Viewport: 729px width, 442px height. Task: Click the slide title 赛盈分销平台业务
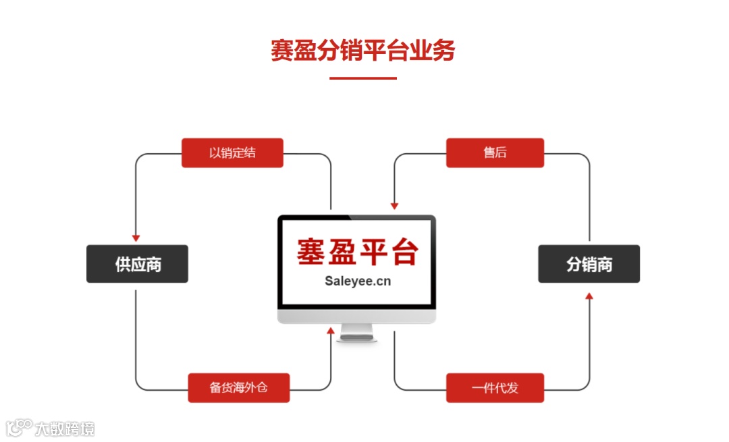click(x=363, y=51)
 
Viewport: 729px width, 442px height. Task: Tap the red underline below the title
click(x=363, y=78)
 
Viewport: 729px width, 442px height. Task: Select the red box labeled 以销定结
click(x=232, y=153)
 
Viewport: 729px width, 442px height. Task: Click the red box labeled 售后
click(x=495, y=153)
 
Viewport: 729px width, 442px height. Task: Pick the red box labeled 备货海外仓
click(x=239, y=387)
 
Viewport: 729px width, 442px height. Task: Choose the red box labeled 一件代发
click(x=495, y=387)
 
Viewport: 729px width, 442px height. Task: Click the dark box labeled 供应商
click(x=137, y=264)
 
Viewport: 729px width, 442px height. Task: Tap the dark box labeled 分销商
click(x=589, y=264)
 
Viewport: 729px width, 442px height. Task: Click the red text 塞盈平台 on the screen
click(x=357, y=252)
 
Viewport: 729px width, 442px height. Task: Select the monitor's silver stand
click(x=356, y=332)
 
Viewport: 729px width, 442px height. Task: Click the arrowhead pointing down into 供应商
click(x=136, y=238)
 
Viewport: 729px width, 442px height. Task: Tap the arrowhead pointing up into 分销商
click(x=589, y=296)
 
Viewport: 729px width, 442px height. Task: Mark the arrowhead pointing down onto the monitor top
click(x=394, y=205)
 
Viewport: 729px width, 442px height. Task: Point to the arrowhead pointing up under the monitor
click(x=331, y=331)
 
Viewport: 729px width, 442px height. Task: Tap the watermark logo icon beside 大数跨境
click(x=19, y=427)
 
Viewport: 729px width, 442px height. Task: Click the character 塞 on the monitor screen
click(x=312, y=252)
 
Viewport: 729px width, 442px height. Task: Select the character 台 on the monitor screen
click(x=403, y=252)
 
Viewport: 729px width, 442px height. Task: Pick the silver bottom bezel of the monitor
click(x=356, y=316)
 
